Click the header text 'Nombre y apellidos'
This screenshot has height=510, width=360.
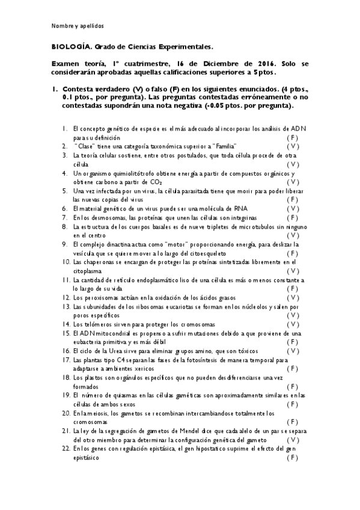[78, 26]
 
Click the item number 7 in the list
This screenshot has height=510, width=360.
[64, 217]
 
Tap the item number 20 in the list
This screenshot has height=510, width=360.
[64, 413]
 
